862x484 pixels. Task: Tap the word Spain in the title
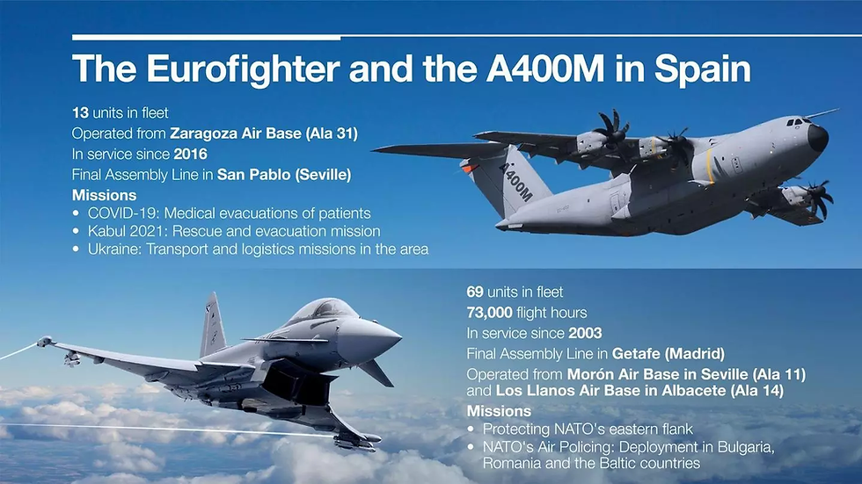pos(702,69)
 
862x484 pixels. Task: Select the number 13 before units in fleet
pos(80,112)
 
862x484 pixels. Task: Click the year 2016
pos(190,155)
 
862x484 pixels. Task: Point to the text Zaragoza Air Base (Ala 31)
pos(264,134)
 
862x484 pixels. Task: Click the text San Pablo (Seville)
pos(284,175)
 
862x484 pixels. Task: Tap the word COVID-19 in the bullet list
pos(123,213)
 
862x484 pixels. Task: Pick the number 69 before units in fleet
pos(475,292)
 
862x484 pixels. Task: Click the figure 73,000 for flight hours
pos(490,313)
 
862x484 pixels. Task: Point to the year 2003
pos(585,333)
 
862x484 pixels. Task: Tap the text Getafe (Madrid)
pos(668,353)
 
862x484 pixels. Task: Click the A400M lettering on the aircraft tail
pos(515,181)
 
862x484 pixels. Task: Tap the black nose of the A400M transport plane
pos(818,138)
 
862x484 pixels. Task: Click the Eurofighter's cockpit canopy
pos(322,310)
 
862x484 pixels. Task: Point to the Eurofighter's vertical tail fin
pos(213,325)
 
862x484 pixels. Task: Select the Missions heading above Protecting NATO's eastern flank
pos(500,411)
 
